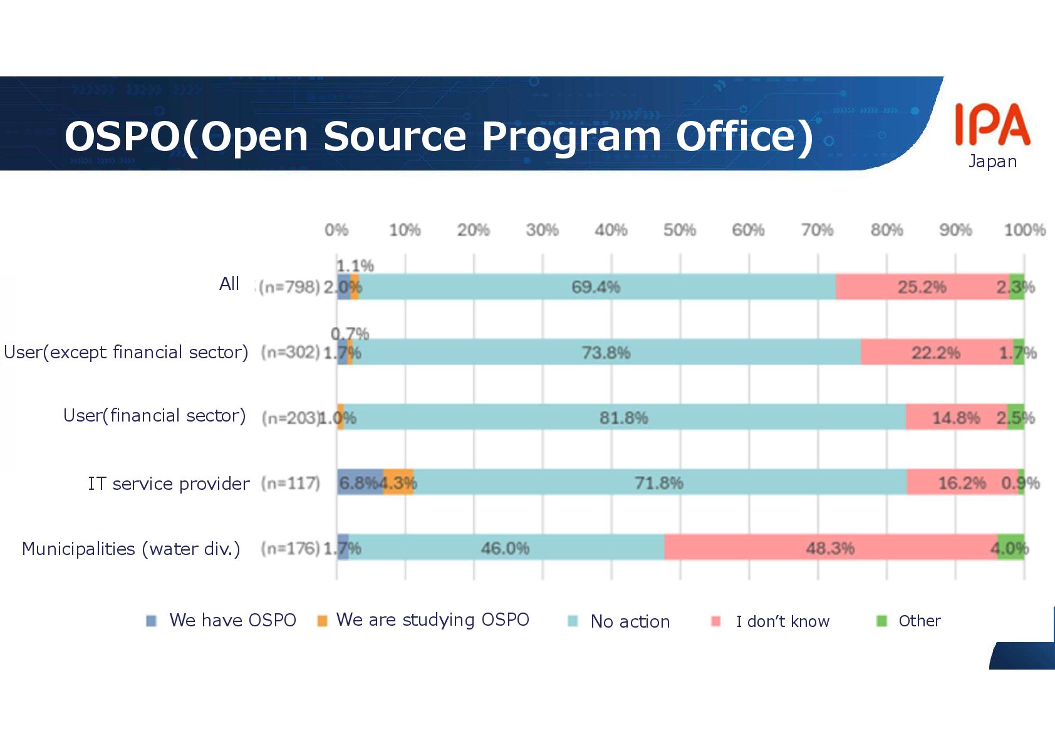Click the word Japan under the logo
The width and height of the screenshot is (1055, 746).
(992, 162)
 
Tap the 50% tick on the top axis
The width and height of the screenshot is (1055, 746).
(680, 231)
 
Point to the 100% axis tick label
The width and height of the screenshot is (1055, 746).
(1024, 231)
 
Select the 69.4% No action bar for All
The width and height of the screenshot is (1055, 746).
(596, 287)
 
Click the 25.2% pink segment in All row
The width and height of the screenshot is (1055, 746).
(922, 287)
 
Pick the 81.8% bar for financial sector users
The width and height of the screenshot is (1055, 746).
(623, 417)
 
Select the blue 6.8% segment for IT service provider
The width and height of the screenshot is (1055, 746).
(360, 482)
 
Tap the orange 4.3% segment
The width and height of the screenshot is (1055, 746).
(398, 482)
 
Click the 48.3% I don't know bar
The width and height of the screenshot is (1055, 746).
(830, 547)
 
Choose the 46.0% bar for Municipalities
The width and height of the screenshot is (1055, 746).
(505, 547)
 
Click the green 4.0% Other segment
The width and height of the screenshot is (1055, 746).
(1011, 547)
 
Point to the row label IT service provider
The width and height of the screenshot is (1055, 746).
(168, 484)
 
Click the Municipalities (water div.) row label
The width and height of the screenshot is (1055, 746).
(131, 549)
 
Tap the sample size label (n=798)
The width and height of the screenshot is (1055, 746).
(289, 287)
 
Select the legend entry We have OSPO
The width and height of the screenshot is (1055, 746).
(232, 620)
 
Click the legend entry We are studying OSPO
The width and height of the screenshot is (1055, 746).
(432, 619)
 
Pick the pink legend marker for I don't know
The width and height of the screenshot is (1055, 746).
(716, 621)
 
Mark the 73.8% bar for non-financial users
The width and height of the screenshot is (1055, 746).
(606, 352)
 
